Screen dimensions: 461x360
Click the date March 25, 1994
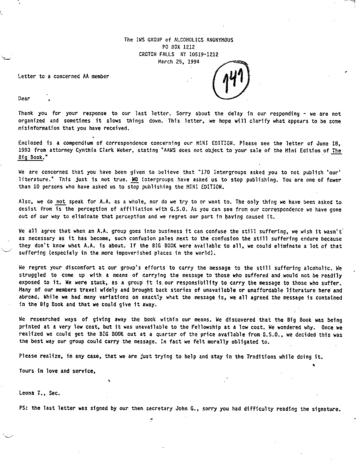coord(178,61)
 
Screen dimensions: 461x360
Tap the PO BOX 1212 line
coord(178,47)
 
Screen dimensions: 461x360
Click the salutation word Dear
coord(24,98)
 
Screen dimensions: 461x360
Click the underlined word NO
coord(135,179)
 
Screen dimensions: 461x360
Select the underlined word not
coord(60,202)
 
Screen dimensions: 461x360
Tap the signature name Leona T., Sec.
coord(39,393)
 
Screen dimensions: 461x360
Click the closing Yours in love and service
coord(57,371)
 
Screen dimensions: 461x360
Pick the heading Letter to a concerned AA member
coord(63,76)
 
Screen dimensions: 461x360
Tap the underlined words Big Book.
coord(31,158)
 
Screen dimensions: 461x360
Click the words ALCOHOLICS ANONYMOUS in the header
coord(203,40)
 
